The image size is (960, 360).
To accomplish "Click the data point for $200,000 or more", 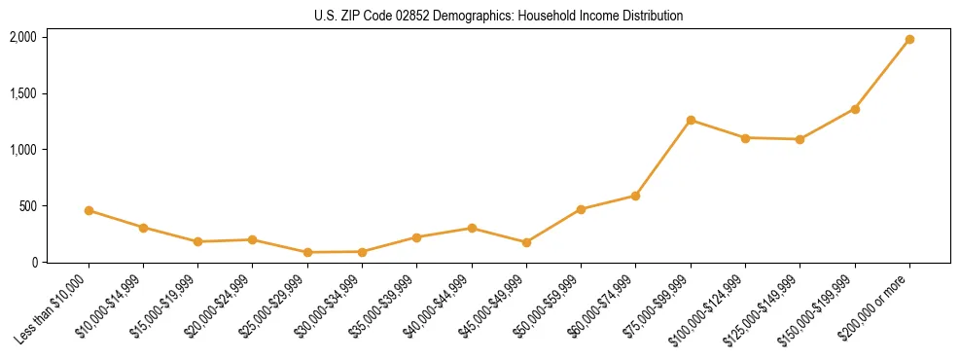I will pyautogui.click(x=909, y=40).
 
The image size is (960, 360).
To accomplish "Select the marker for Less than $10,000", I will pyautogui.click(x=89, y=210).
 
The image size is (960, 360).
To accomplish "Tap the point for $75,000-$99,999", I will pyautogui.click(x=691, y=121).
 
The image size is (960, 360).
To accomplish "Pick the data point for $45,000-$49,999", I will pyautogui.click(x=526, y=242).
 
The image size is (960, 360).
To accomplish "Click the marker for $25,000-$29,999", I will pyautogui.click(x=307, y=252).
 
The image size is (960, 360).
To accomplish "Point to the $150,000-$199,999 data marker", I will pyautogui.click(x=855, y=109).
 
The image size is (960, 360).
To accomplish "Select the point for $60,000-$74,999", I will pyautogui.click(x=635, y=196).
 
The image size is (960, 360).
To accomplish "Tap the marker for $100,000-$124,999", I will pyautogui.click(x=745, y=138).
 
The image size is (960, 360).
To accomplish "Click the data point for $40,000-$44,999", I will pyautogui.click(x=472, y=229).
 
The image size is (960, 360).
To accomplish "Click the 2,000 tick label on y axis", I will pyautogui.click(x=23, y=37).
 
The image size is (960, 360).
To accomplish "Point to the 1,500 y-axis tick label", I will pyautogui.click(x=23, y=93).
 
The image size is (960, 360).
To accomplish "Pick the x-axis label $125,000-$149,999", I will pyautogui.click(x=769, y=306).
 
